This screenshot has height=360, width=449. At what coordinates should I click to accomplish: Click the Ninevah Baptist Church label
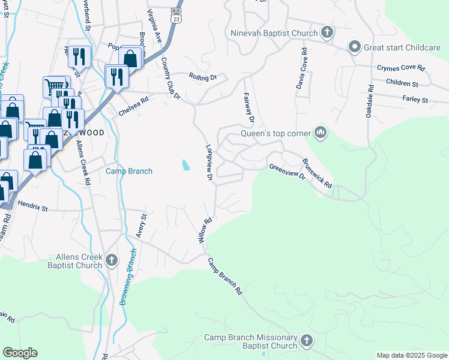[274, 33]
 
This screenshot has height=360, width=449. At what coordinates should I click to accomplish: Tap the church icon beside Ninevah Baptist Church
[327, 32]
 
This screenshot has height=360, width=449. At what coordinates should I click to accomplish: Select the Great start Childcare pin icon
[354, 46]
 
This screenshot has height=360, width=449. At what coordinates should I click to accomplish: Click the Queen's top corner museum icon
[320, 133]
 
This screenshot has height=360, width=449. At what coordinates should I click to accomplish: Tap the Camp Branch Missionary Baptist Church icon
[307, 341]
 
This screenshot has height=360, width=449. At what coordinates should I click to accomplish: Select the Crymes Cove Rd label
[400, 69]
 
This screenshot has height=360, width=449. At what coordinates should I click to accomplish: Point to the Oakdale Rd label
[371, 96]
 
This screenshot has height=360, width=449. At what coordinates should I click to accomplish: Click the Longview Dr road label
[209, 162]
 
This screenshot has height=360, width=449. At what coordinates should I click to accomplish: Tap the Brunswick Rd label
[317, 174]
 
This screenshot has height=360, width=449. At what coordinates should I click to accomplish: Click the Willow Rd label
[205, 230]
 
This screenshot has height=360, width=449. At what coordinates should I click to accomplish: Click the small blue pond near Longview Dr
[185, 164]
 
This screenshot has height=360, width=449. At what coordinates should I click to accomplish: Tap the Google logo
[20, 353]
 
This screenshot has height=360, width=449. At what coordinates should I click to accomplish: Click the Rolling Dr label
[202, 77]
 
